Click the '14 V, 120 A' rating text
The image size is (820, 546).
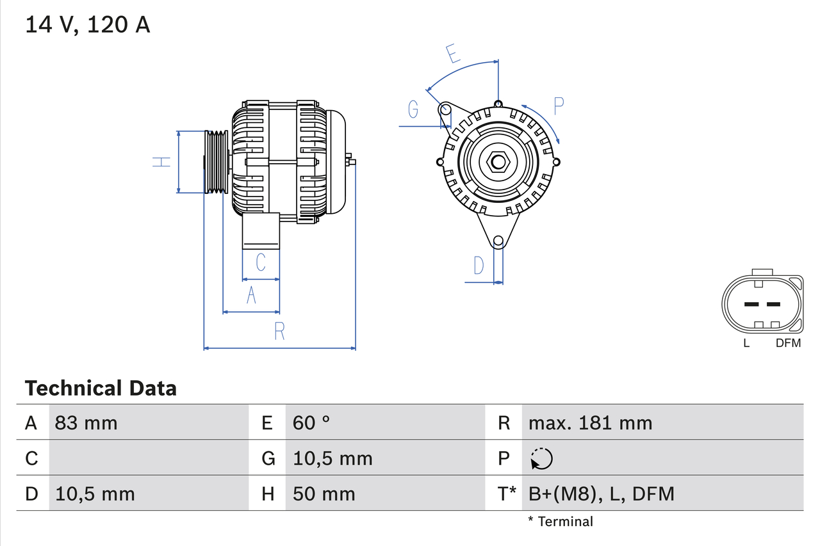pyautogui.click(x=88, y=24)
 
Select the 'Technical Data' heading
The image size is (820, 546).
pyautogui.click(x=100, y=388)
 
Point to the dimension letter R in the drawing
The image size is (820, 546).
pyautogui.click(x=279, y=331)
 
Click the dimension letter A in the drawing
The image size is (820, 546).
pyautogui.click(x=251, y=295)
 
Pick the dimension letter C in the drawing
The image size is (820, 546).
pyautogui.click(x=261, y=262)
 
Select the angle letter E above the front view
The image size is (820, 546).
pyautogui.click(x=454, y=54)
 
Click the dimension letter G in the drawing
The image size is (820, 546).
pyautogui.click(x=413, y=110)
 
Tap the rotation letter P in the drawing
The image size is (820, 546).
pyautogui.click(x=559, y=106)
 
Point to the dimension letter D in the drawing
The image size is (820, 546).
pyautogui.click(x=479, y=265)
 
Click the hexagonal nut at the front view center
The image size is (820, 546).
pyautogui.click(x=498, y=162)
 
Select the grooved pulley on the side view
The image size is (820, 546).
pyautogui.click(x=216, y=162)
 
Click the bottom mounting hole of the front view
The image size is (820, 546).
pyautogui.click(x=498, y=241)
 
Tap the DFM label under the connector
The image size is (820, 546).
pyautogui.click(x=788, y=343)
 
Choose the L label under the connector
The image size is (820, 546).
pyautogui.click(x=746, y=343)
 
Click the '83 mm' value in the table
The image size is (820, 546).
pyautogui.click(x=86, y=422)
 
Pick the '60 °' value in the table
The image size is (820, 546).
pyautogui.click(x=311, y=422)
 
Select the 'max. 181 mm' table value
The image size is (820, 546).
pyautogui.click(x=590, y=422)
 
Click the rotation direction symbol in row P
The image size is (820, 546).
pyautogui.click(x=541, y=458)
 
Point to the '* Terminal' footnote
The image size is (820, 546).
pyautogui.click(x=561, y=522)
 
